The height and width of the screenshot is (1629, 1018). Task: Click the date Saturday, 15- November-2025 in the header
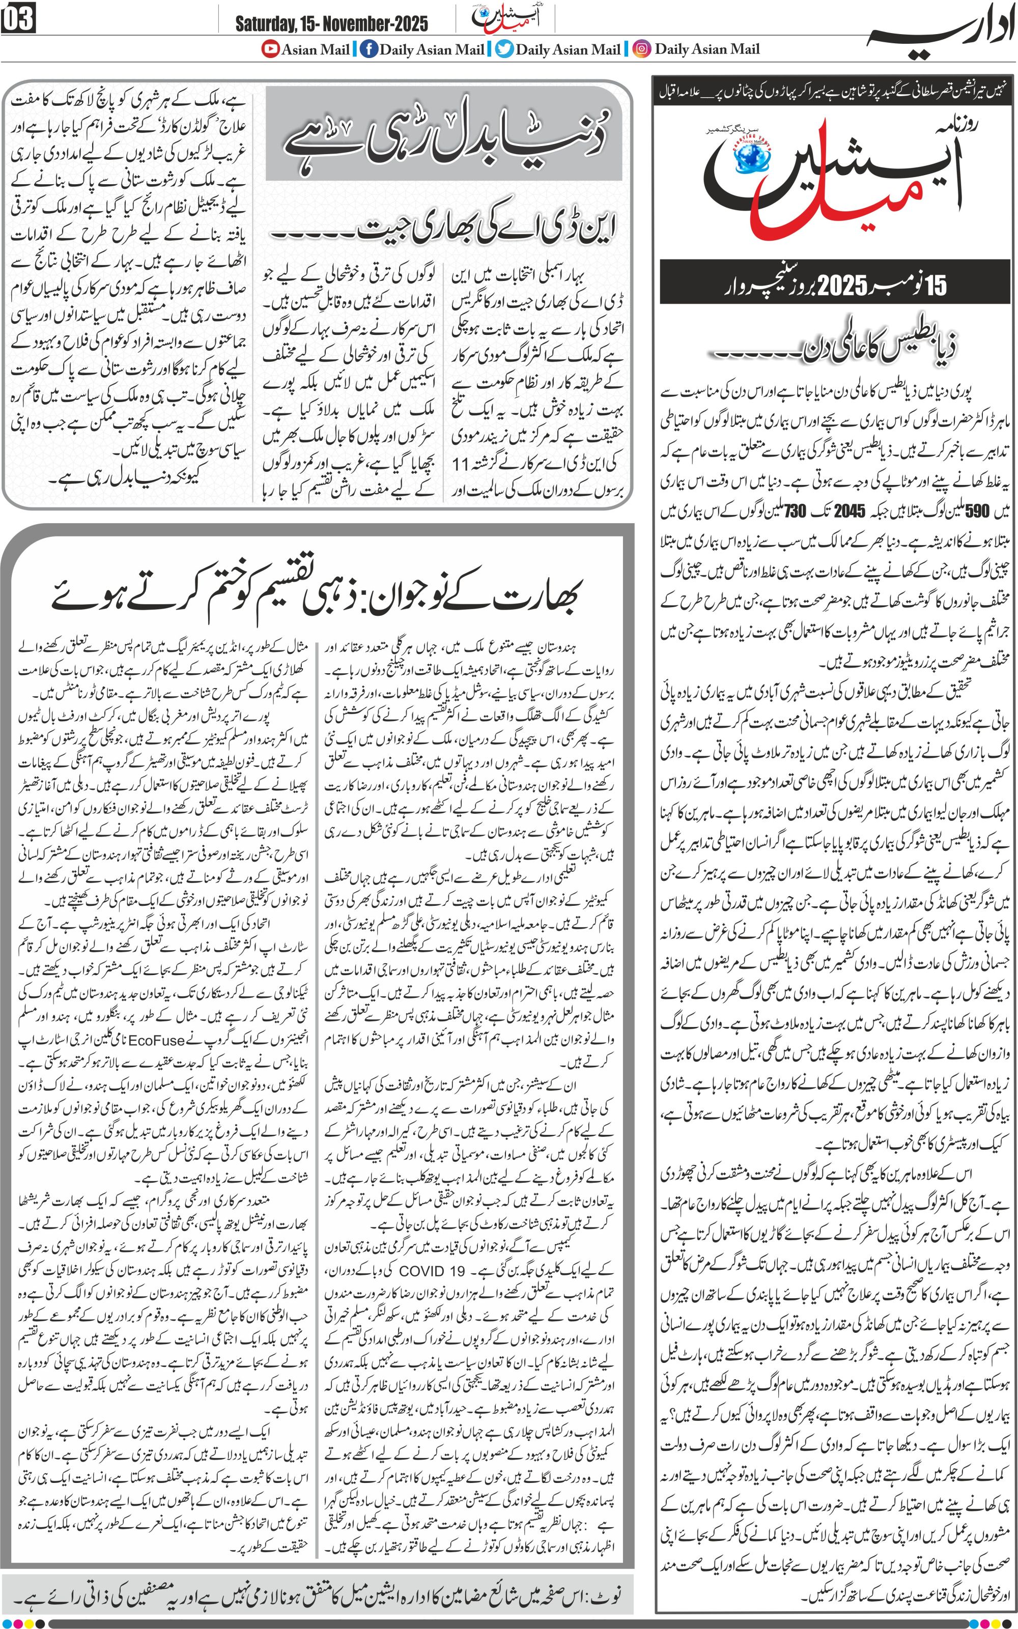[331, 24]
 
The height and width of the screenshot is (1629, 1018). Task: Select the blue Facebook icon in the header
[369, 49]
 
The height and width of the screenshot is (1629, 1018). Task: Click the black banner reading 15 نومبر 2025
[835, 285]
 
